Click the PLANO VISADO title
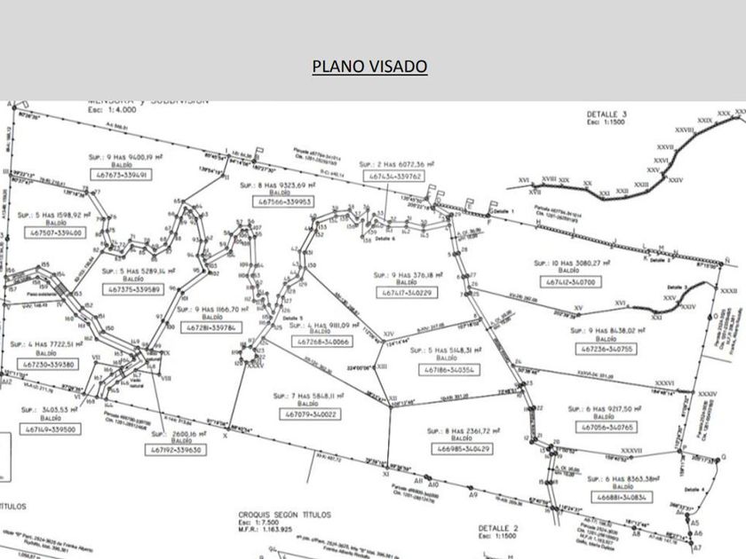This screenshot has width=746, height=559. click(x=369, y=67)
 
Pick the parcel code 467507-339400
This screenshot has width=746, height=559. click(x=56, y=232)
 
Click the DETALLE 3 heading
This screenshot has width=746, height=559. click(x=607, y=114)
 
